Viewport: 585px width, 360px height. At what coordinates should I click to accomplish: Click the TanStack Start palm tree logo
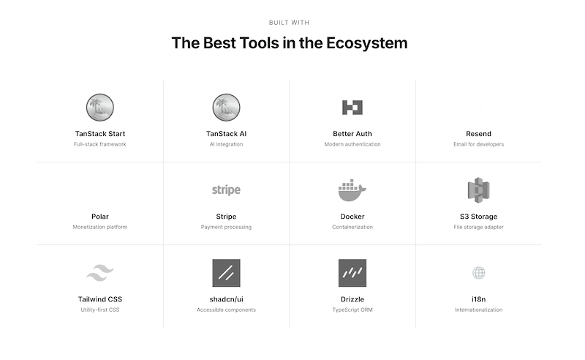tap(100, 108)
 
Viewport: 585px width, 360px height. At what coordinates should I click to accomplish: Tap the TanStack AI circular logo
tap(227, 108)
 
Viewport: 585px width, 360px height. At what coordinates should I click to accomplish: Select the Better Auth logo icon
tap(352, 108)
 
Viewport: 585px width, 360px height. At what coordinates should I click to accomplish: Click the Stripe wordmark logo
tap(226, 190)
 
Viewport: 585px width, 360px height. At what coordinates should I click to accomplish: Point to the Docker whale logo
tap(352, 190)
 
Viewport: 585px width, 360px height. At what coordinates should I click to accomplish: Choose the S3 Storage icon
tap(478, 190)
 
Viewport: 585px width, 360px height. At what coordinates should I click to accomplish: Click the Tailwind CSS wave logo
tap(100, 273)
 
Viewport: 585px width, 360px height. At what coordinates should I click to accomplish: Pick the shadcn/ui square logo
tap(226, 273)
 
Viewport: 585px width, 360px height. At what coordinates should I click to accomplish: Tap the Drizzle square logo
tap(352, 273)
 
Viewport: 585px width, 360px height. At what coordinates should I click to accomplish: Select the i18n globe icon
tap(478, 273)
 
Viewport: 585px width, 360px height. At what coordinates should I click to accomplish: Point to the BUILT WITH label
tap(290, 23)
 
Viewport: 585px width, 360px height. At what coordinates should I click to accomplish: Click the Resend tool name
tap(478, 134)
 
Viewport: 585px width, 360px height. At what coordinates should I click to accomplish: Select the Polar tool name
tap(100, 217)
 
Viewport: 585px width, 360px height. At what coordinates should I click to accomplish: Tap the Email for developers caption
tap(478, 144)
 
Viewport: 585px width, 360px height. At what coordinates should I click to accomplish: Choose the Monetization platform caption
tap(100, 227)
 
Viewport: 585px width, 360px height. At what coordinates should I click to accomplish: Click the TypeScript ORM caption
tap(352, 310)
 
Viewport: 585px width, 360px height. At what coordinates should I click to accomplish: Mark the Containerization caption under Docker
tap(352, 227)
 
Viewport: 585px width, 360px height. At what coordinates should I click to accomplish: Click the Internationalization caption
tap(478, 310)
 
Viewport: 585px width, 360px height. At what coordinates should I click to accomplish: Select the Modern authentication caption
tap(352, 144)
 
